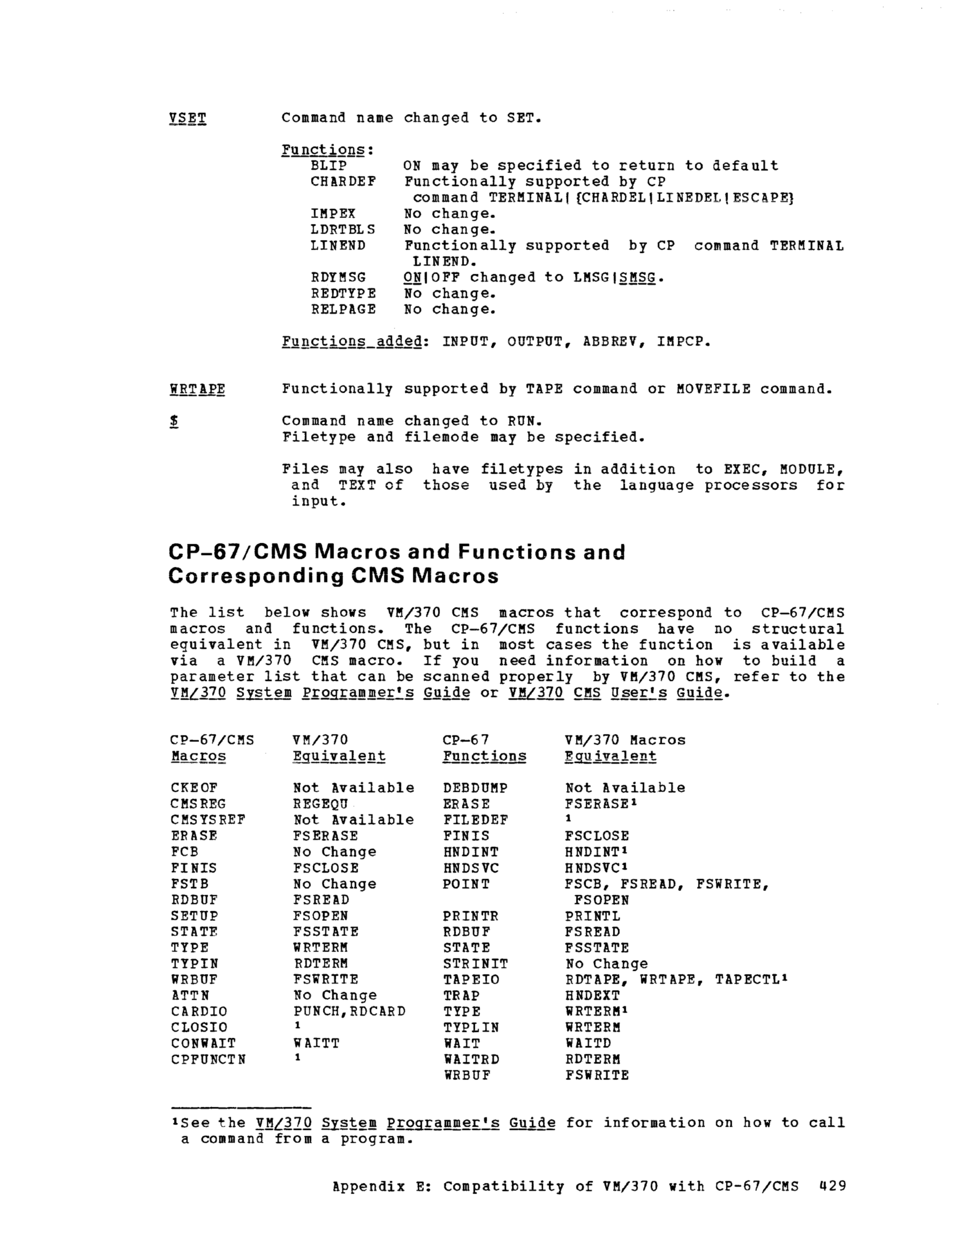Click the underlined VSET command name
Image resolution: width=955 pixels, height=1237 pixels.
point(187,118)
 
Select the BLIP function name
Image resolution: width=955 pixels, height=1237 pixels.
point(328,166)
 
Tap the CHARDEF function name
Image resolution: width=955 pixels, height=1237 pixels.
point(343,182)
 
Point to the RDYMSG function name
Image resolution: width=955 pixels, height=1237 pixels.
point(338,278)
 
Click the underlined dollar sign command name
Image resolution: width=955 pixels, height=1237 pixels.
point(175,421)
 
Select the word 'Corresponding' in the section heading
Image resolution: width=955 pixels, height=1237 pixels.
point(256,576)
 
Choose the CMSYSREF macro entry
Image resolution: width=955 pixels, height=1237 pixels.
point(208,820)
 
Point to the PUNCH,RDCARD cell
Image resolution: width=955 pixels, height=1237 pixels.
point(349,1011)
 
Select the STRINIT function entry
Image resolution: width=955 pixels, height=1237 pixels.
point(475,963)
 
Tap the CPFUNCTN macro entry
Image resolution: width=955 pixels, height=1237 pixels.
point(208,1059)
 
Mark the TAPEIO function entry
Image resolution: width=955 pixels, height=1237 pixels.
point(471,979)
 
